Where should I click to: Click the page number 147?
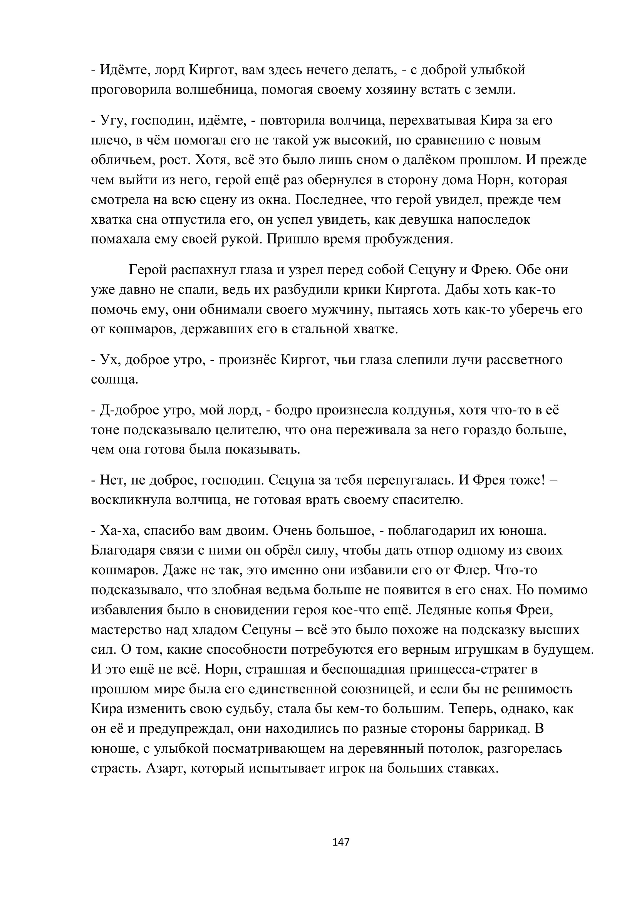pos(340,842)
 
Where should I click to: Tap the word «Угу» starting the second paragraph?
pos(112,121)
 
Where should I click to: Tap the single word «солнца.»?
pos(114,379)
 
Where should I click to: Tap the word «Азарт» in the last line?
pos(164,768)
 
